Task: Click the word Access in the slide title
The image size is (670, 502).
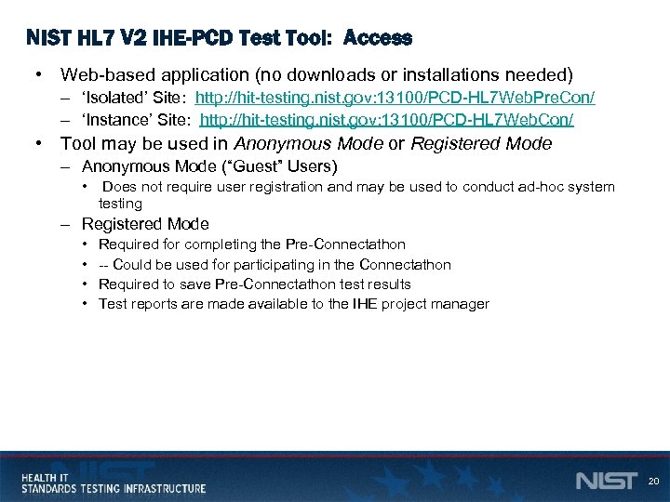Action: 377,38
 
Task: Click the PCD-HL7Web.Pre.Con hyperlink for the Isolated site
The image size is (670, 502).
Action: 395,98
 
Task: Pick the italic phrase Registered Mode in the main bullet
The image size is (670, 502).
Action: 480,143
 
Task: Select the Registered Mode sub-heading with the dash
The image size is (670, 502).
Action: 145,224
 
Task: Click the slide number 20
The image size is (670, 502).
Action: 652,482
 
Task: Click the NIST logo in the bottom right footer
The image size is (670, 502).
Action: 606,481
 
